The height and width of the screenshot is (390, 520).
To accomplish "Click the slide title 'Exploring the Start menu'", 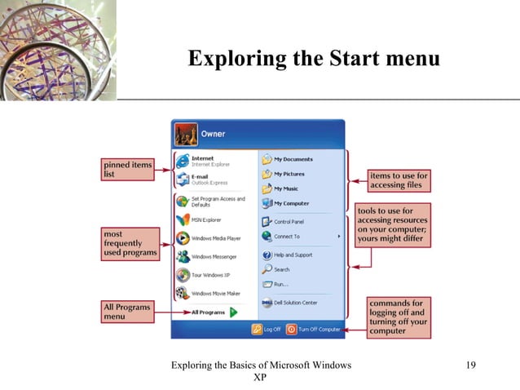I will pos(313,59).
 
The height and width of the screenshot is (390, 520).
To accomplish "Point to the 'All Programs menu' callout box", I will pos(127,312).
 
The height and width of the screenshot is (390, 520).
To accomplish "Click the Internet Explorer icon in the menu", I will pos(183,160).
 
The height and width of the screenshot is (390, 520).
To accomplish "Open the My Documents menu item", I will pos(292,160).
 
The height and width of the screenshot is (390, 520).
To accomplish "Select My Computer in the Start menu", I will pos(290,203).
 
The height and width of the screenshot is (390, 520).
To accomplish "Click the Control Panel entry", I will pos(289,221).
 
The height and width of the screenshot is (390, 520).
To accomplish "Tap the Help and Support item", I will pos(291,255).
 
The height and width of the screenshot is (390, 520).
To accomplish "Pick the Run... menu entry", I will pos(280,284).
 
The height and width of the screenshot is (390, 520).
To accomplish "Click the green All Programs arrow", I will pos(233,312).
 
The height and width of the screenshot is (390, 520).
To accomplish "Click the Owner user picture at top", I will pos(187,133).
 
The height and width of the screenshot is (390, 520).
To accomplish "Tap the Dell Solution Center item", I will pos(294,303).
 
